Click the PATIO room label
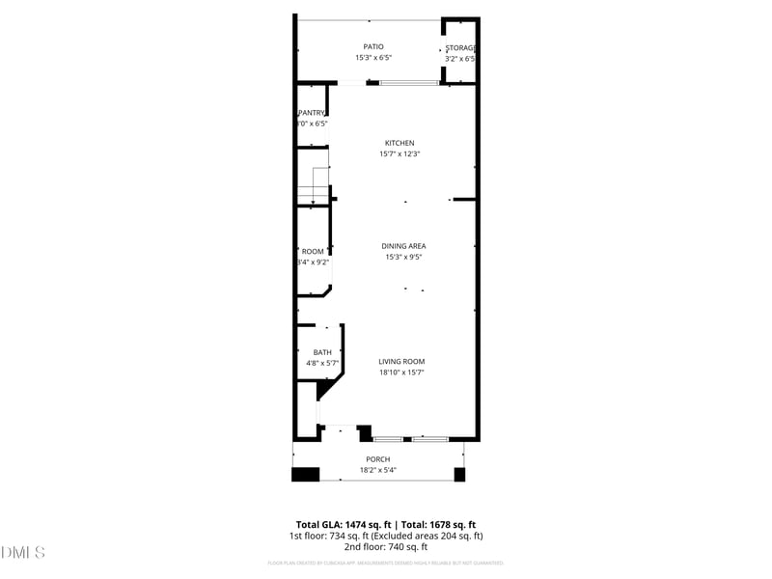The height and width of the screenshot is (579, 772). tap(373, 46)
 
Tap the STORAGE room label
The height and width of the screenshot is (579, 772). tap(460, 47)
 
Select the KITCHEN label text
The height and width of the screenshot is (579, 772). tap(400, 143)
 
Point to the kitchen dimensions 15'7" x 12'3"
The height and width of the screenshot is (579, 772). tap(400, 154)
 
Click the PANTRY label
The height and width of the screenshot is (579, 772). tap(312, 113)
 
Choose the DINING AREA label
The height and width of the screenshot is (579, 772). tap(403, 246)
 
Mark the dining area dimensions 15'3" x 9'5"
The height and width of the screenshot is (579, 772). tap(403, 258)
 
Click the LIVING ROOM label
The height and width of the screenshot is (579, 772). tap(401, 361)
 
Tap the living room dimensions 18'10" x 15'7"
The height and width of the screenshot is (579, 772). tap(401, 372)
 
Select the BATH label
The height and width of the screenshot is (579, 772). tap(322, 352)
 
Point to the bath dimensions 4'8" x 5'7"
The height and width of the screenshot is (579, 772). tap(322, 364)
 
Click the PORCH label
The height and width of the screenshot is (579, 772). tap(377, 459)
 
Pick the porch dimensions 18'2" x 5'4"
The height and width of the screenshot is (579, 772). tap(377, 471)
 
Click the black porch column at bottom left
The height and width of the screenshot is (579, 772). tap(305, 474)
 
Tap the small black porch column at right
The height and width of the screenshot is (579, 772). tap(459, 474)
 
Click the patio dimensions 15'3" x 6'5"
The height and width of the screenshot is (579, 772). tap(373, 58)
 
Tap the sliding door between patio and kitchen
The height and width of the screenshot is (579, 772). tap(408, 83)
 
